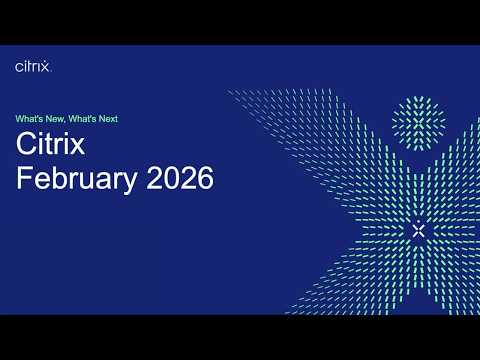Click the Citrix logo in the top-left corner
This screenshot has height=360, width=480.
tap(33, 66)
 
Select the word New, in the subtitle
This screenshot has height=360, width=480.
tap(59, 118)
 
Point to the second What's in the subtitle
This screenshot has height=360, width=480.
tap(85, 118)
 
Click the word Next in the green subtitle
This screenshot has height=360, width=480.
tap(109, 118)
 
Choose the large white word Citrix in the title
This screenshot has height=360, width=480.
tap(51, 144)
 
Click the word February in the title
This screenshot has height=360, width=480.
tap(79, 180)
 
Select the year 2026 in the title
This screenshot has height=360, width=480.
tap(180, 180)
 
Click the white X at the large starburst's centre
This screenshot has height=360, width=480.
tap(418, 229)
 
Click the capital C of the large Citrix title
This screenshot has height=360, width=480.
tap(27, 144)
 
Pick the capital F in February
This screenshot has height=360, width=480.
tap(25, 180)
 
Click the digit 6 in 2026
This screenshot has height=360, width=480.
tap(205, 180)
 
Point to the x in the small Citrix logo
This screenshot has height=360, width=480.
tap(46, 67)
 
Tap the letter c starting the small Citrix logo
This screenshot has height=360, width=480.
tap(19, 67)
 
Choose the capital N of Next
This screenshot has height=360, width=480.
tap(102, 118)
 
